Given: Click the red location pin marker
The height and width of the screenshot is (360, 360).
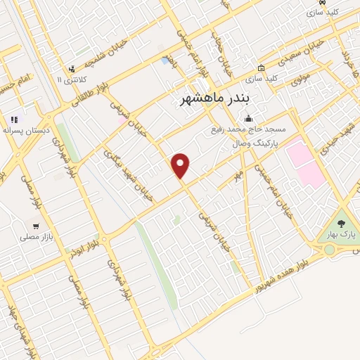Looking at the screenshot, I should pos(181,165).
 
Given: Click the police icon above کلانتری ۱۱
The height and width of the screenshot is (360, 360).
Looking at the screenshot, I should pos(72,69).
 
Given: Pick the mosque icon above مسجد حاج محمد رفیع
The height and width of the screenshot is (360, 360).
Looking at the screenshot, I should pos(247,119).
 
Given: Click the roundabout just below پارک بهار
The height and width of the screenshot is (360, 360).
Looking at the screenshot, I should pos(328,250).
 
